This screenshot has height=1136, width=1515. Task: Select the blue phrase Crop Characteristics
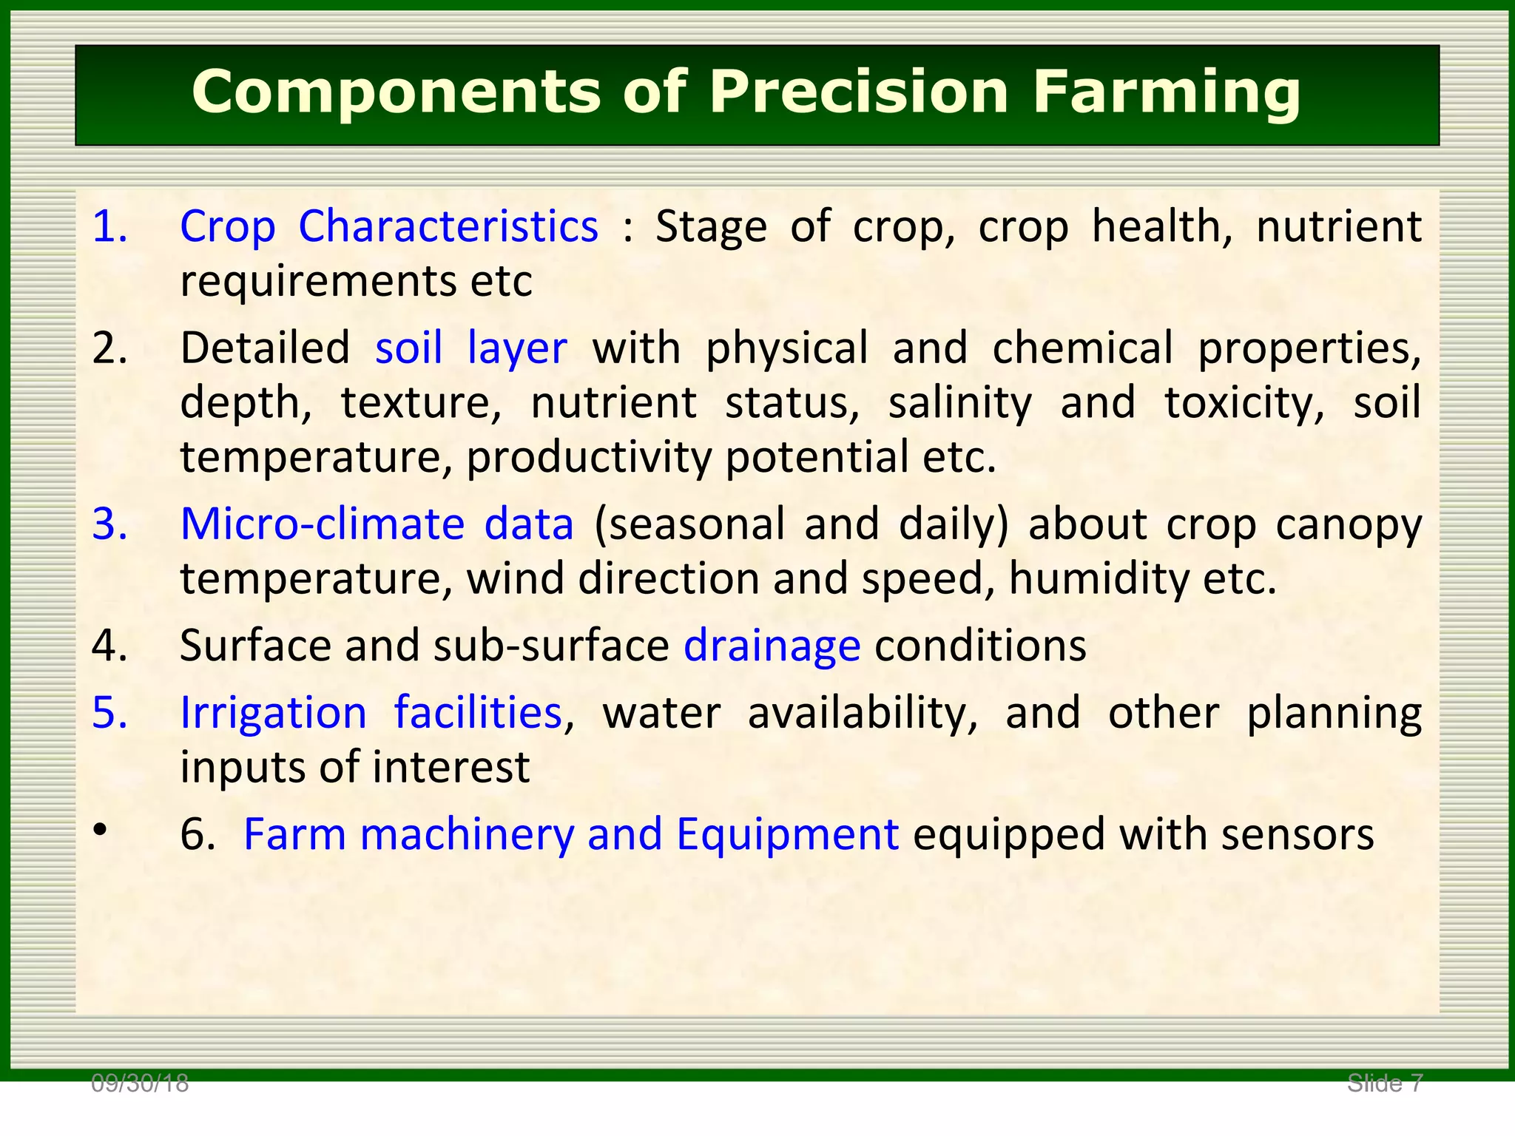(x=389, y=226)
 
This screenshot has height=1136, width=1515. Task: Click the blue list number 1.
(x=109, y=226)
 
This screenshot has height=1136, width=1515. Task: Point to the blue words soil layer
(x=470, y=348)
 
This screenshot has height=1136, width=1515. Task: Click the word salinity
(x=959, y=403)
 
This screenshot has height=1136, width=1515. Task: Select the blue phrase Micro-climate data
(x=377, y=524)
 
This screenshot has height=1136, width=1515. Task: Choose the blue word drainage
(x=772, y=646)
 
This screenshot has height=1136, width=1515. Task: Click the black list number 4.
(x=109, y=646)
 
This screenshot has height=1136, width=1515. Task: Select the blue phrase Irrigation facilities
(x=371, y=713)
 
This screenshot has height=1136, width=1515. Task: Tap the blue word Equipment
(x=787, y=834)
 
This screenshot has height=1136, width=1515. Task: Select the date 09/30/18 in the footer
(x=140, y=1084)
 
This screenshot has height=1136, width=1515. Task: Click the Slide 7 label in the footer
(x=1385, y=1083)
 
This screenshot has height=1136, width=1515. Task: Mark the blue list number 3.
(x=109, y=524)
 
